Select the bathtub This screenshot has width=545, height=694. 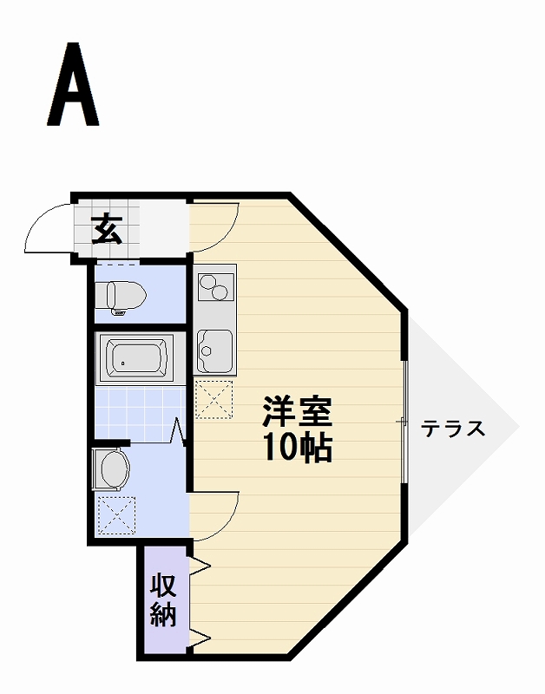tap(136, 358)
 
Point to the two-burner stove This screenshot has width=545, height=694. tap(213, 285)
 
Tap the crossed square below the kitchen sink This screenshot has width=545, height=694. tap(213, 398)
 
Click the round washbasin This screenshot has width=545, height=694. tap(113, 469)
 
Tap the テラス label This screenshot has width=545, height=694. tap(453, 429)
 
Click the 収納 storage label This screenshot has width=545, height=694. tap(163, 599)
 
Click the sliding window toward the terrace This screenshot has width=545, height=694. tap(404, 421)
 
